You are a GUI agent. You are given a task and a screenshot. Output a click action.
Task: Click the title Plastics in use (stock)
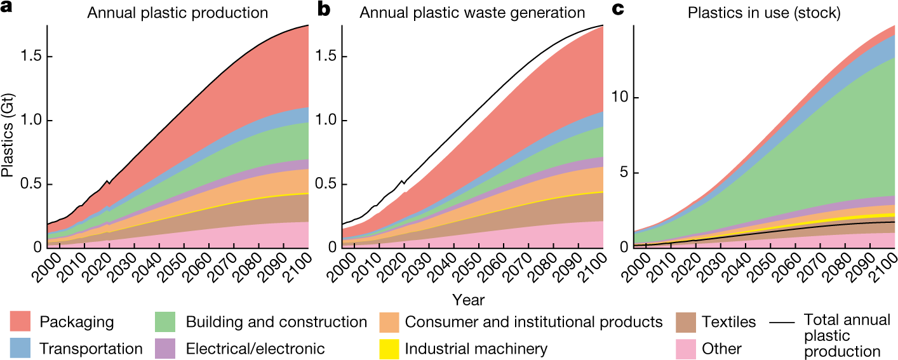pyautogui.click(x=764, y=13)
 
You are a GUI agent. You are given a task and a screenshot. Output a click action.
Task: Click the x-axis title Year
pyautogui.click(x=467, y=298)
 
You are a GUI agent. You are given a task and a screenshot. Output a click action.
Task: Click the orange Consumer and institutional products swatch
pyautogui.click(x=389, y=322)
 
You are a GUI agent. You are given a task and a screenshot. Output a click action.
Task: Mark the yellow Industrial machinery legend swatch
pyautogui.click(x=389, y=348)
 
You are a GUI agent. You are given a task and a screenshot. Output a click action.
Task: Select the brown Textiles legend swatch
pyautogui.click(x=687, y=322)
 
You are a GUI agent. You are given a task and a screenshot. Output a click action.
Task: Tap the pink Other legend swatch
pyautogui.click(x=687, y=348)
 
